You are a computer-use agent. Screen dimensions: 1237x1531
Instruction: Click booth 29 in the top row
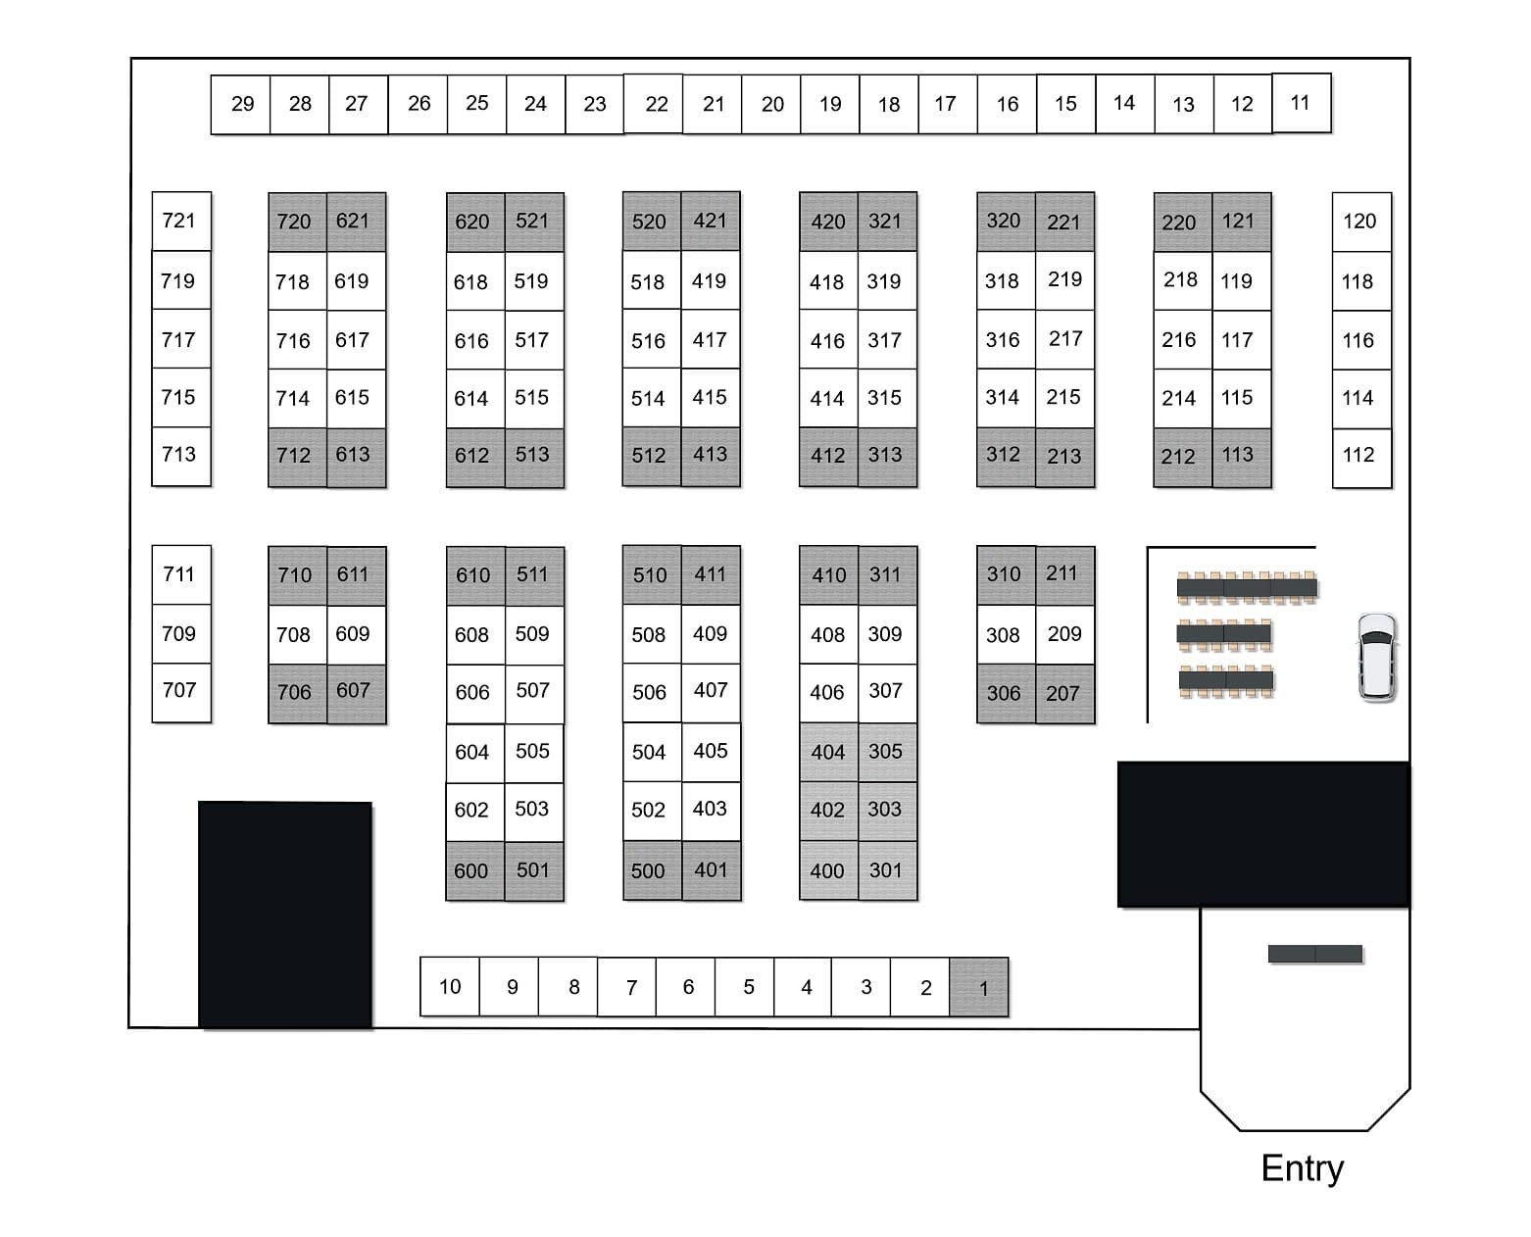point(241,104)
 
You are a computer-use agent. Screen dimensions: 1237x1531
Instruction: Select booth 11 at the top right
point(1301,103)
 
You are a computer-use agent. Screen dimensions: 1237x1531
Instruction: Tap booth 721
point(180,221)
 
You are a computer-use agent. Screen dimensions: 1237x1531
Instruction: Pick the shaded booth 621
point(355,222)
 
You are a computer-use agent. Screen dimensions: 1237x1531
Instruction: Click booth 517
point(533,340)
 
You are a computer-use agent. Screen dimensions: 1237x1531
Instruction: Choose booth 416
point(828,340)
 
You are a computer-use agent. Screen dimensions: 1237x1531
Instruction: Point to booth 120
point(1360,222)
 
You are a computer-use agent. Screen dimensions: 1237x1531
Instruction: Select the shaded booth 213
point(1064,456)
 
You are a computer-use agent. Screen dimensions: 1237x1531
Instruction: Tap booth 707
point(180,691)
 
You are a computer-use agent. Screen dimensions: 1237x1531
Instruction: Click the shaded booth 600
point(473,870)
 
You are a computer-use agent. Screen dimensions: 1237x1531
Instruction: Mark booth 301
point(887,870)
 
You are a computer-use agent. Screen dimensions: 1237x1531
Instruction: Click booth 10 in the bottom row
point(450,986)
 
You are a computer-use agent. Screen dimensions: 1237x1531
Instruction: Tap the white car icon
point(1376,657)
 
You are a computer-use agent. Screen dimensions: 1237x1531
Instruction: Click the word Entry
point(1302,1168)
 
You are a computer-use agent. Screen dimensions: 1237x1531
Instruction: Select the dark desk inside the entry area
point(1314,954)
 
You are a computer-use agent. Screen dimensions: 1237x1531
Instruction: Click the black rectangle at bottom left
point(285,915)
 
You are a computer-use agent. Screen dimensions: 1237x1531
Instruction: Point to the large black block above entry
point(1263,834)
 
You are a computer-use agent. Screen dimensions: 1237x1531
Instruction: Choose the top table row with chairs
point(1246,588)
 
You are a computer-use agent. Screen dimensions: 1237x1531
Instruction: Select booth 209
point(1064,634)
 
